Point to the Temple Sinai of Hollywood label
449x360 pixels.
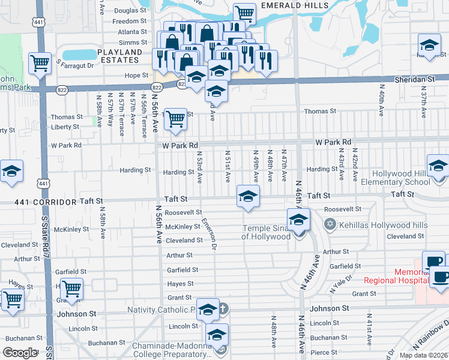[x=266, y=232]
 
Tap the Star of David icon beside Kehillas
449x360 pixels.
[x=328, y=224]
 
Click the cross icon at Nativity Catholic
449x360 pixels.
[x=223, y=310]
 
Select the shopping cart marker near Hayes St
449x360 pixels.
[x=71, y=289]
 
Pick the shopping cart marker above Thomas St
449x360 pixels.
[x=175, y=119]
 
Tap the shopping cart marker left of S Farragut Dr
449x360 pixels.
[x=40, y=62]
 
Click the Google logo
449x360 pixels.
[x=20, y=353]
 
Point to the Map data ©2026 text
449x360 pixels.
[x=423, y=355]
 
